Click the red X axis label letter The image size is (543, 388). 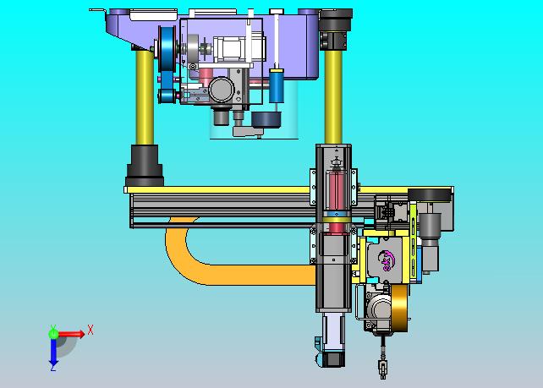point(90,330)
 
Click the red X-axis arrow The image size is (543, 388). point(71,334)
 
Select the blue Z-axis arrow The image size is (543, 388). point(53,352)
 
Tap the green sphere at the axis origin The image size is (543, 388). point(53,334)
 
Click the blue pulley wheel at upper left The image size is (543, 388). point(168,48)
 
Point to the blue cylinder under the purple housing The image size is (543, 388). point(277,85)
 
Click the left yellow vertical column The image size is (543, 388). point(145,97)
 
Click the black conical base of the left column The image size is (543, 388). point(145,166)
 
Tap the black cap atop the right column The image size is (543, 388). point(336,19)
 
